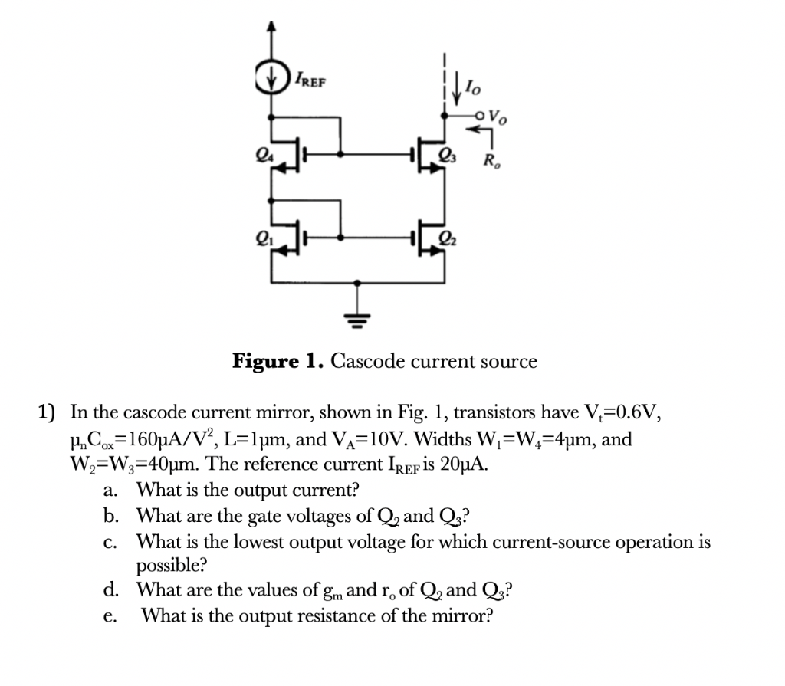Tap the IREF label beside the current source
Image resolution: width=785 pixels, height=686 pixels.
coord(307,79)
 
